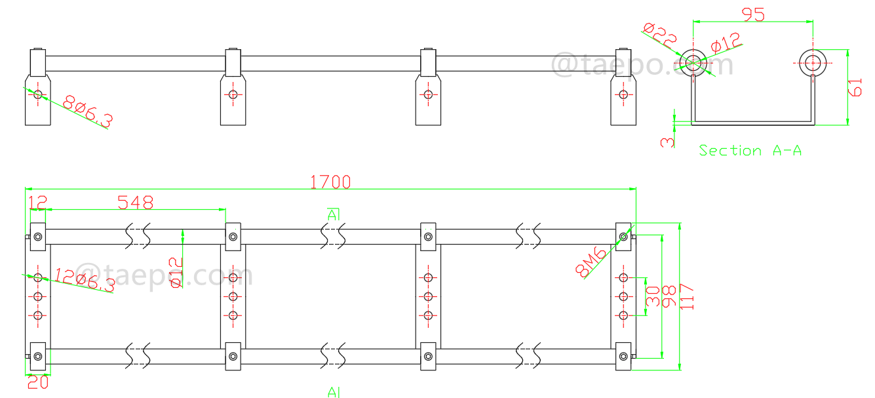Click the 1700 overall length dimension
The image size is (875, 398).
pyautogui.click(x=330, y=182)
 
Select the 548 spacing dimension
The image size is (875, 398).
pyautogui.click(x=135, y=203)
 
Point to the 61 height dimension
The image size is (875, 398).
pyautogui.click(x=855, y=86)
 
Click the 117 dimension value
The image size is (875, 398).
pyautogui.click(x=688, y=296)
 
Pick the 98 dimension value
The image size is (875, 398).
pyautogui.click(x=669, y=296)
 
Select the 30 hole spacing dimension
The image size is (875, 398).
pyautogui.click(x=652, y=296)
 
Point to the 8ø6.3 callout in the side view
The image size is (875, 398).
pyautogui.click(x=88, y=111)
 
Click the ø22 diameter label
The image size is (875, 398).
pyautogui.click(x=659, y=36)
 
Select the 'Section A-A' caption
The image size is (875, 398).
pyautogui.click(x=750, y=151)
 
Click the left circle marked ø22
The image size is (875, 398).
pyautogui.click(x=693, y=63)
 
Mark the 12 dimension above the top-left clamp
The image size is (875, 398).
pyautogui.click(x=37, y=203)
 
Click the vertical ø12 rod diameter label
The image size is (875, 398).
pyautogui.click(x=175, y=272)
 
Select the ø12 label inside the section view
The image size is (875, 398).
pyautogui.click(x=725, y=44)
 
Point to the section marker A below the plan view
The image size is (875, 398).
pyautogui.click(x=334, y=391)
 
